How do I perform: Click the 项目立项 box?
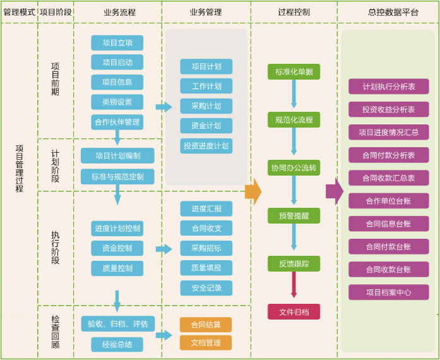click(x=117, y=43)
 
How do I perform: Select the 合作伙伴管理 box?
click(x=117, y=122)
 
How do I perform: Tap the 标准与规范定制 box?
click(x=117, y=177)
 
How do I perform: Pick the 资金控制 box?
click(x=117, y=248)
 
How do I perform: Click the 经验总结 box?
click(x=117, y=344)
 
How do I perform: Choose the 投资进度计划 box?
click(x=206, y=146)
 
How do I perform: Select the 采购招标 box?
click(x=206, y=248)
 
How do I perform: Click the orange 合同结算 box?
click(x=206, y=325)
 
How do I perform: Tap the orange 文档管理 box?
click(x=206, y=343)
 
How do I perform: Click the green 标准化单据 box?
click(x=294, y=72)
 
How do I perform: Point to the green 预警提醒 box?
click(x=294, y=215)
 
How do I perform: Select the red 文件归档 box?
click(x=294, y=311)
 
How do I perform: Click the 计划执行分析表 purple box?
click(x=388, y=87)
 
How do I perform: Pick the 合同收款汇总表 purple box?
click(x=388, y=178)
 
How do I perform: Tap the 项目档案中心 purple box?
click(x=388, y=292)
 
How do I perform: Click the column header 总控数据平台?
click(x=388, y=12)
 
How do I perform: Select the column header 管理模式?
click(x=19, y=12)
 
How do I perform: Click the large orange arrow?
click(x=253, y=191)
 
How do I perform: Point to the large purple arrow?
click(x=334, y=191)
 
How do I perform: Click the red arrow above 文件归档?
click(x=294, y=284)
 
